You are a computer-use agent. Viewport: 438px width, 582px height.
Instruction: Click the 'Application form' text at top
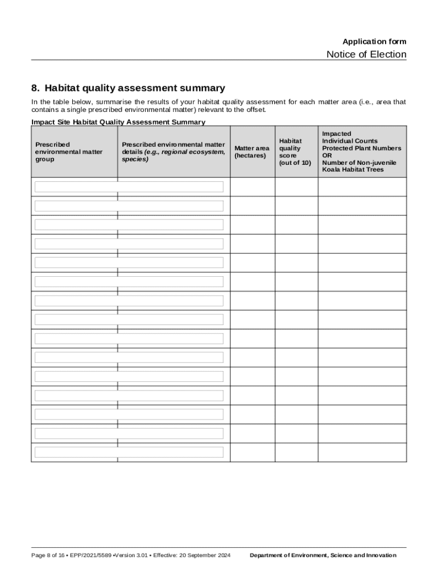click(x=374, y=41)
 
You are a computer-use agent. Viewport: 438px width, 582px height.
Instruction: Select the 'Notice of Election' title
click(x=366, y=55)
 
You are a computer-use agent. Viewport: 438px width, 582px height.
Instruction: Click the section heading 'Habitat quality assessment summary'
click(x=135, y=88)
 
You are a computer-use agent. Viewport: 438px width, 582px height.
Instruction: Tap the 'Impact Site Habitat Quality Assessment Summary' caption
click(x=118, y=122)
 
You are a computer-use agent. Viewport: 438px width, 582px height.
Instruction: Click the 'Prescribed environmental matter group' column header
click(x=69, y=152)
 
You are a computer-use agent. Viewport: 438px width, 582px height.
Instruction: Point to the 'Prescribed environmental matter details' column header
click(x=173, y=152)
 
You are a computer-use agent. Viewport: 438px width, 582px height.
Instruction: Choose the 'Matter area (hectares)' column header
click(x=252, y=152)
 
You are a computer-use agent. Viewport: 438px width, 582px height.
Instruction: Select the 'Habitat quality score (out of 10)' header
click(x=295, y=152)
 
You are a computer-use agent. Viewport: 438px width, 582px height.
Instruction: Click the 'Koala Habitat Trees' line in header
click(x=353, y=169)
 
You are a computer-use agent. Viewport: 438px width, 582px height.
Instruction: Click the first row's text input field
click(x=129, y=187)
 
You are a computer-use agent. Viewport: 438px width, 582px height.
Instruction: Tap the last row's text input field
click(x=129, y=452)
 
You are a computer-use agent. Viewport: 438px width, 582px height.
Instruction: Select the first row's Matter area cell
click(x=253, y=187)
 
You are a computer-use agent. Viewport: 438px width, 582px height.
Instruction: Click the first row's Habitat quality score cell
click(x=296, y=187)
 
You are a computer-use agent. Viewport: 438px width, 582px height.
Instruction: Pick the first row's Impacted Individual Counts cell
click(x=362, y=187)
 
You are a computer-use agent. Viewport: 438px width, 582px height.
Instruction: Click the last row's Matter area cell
click(x=253, y=452)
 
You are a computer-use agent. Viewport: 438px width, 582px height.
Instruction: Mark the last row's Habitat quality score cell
click(x=296, y=452)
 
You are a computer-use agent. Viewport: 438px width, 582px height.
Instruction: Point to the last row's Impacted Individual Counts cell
click(x=362, y=452)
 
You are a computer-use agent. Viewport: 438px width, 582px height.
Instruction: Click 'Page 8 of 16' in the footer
click(x=48, y=555)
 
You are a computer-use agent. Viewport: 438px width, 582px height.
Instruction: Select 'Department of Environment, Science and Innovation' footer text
click(x=323, y=555)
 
